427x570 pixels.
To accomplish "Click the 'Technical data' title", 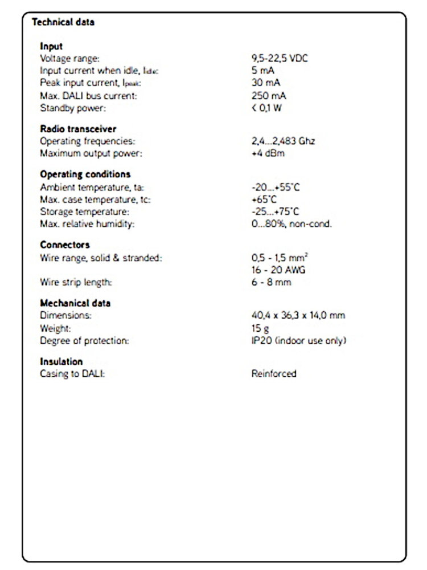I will click(63, 23).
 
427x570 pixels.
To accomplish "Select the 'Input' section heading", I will click(51, 46).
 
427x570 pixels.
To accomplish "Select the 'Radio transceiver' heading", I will click(78, 129).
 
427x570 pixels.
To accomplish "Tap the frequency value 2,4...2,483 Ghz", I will click(283, 141).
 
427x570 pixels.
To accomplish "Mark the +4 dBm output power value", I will click(268, 153).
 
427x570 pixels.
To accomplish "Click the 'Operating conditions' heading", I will click(85, 174).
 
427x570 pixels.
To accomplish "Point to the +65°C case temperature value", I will click(264, 199).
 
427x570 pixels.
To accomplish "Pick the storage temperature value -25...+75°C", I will click(276, 211).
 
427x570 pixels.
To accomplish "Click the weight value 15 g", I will click(260, 328).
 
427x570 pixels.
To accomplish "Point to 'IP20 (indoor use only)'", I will click(299, 340).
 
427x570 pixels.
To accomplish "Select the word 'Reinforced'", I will click(274, 374).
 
